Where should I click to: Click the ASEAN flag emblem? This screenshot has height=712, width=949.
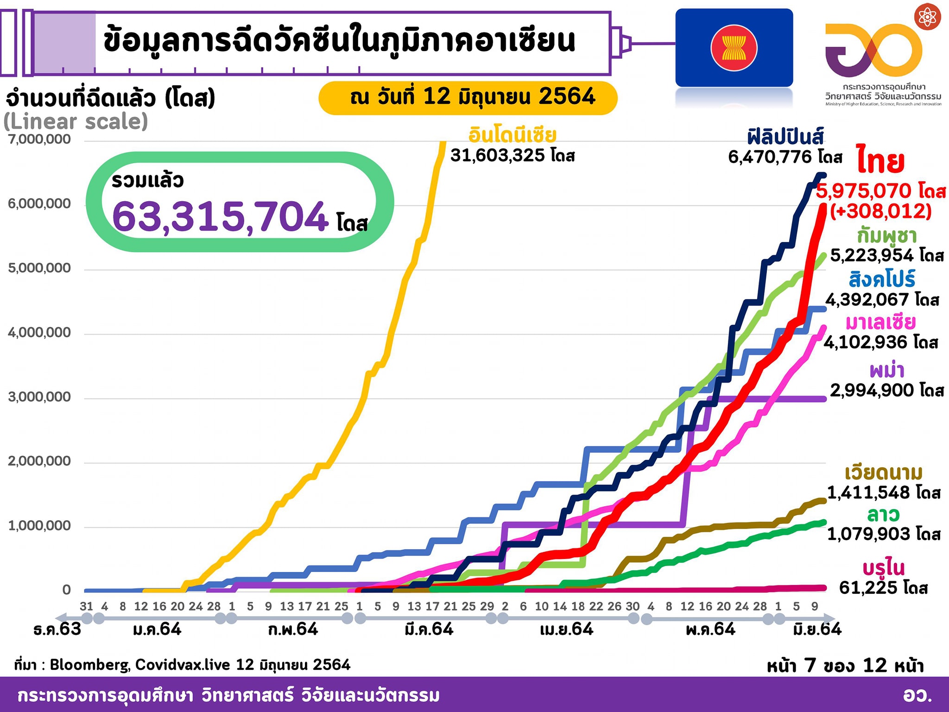point(734,48)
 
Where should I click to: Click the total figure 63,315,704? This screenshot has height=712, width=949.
point(220,216)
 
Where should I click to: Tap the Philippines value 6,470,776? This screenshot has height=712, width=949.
point(770,157)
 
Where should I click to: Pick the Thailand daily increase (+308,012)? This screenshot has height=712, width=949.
point(880,211)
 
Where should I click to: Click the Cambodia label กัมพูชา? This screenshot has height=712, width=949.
point(886,236)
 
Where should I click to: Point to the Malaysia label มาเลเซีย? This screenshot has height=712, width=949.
point(880,322)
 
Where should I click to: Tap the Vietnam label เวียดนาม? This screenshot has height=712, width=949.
point(884,473)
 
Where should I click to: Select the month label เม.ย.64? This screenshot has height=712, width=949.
point(566,629)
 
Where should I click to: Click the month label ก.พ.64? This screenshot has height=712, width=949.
point(293,629)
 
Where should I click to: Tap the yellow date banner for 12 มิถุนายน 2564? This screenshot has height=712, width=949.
point(468,97)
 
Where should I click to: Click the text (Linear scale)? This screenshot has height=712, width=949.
point(76,121)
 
